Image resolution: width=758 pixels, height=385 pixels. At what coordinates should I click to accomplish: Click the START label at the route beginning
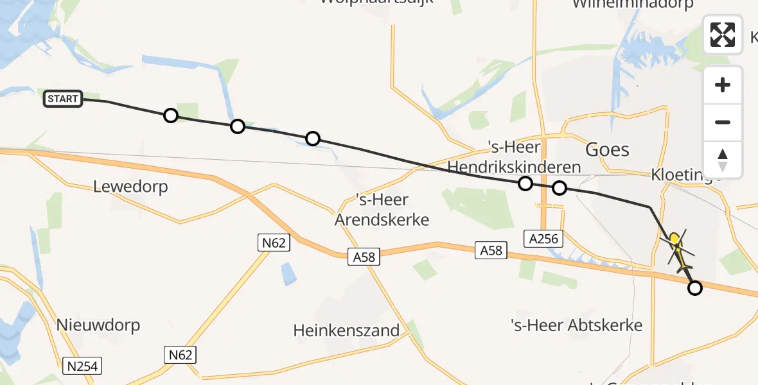[63, 99]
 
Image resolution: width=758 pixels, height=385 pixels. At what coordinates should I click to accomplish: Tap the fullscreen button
[723, 35]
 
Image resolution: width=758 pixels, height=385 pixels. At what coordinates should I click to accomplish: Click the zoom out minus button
[723, 122]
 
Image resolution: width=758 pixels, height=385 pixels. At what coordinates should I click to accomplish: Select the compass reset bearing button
[723, 159]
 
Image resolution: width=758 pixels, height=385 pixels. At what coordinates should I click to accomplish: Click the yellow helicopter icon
[676, 247]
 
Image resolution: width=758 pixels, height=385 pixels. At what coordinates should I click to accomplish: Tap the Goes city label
[607, 150]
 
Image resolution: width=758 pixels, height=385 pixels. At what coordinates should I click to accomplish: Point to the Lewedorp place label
[130, 187]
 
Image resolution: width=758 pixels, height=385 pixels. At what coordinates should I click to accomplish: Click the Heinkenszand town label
[346, 331]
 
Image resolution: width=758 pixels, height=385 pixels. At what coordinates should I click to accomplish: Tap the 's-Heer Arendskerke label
[382, 210]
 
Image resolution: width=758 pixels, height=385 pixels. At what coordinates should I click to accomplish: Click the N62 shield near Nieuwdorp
[180, 355]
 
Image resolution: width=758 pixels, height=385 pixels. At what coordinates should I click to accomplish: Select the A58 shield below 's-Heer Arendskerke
[364, 257]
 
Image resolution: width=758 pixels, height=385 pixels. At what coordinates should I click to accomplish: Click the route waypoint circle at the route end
[694, 288]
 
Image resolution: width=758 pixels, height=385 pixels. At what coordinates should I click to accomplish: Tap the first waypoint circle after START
[170, 116]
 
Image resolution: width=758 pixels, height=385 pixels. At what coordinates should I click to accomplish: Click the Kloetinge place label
[685, 175]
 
